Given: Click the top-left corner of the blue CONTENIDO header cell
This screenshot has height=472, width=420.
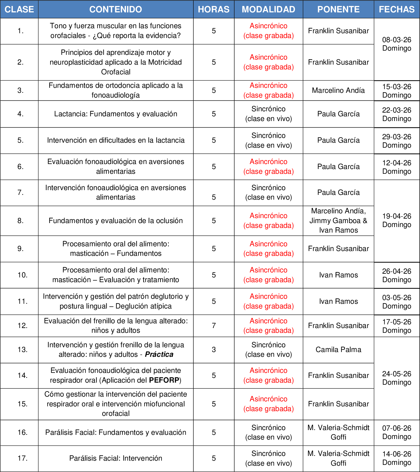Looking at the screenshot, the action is (38, 1).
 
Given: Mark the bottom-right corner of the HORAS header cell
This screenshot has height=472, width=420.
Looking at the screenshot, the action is (234, 18).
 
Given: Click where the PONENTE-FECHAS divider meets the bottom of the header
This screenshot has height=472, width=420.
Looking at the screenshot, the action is (374, 18).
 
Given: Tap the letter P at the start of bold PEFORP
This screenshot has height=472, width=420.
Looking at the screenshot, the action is (151, 380).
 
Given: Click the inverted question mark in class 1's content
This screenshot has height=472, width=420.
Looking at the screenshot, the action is (95, 36).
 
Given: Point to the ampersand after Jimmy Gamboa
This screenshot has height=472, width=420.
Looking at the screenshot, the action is (365, 220).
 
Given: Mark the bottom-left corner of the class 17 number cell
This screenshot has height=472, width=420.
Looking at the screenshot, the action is (0, 471).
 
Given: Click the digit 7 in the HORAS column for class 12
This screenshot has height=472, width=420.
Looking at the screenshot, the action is (214, 326).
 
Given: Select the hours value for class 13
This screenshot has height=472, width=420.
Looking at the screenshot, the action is (214, 350).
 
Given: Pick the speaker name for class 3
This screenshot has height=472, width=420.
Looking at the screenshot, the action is (338, 90).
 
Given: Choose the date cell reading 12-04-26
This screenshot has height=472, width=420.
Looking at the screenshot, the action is (397, 167).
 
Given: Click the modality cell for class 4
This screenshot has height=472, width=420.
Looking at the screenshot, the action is (268, 114).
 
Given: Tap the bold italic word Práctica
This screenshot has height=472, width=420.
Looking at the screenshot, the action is (159, 354).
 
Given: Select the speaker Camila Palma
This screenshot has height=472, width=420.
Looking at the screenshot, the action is (338, 350).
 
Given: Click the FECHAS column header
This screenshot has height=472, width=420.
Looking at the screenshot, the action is (397, 9).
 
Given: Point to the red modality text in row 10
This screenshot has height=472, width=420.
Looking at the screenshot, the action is (268, 275).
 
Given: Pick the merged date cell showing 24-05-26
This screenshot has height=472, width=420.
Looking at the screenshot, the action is (397, 378).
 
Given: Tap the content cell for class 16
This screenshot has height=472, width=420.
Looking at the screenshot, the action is (116, 432).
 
